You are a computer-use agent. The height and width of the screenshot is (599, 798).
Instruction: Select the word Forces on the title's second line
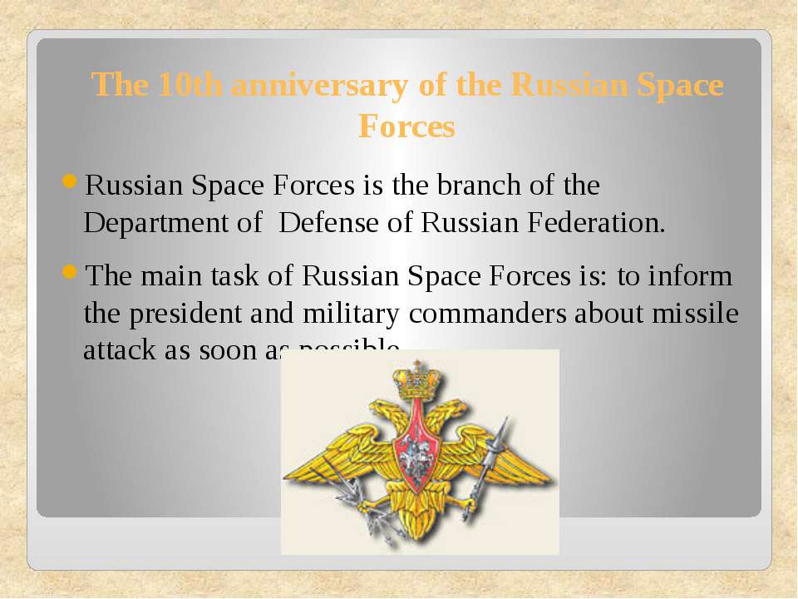406,126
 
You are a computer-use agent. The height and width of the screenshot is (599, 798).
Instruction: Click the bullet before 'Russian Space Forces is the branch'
70,182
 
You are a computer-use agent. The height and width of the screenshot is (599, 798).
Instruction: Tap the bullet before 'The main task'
70,272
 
